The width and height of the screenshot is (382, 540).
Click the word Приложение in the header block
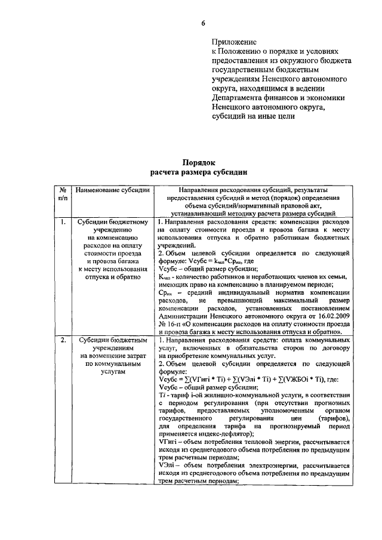coord(233,42)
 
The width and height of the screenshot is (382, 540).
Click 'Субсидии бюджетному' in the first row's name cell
coord(113,222)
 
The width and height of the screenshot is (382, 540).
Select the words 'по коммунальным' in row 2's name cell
coord(113,363)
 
